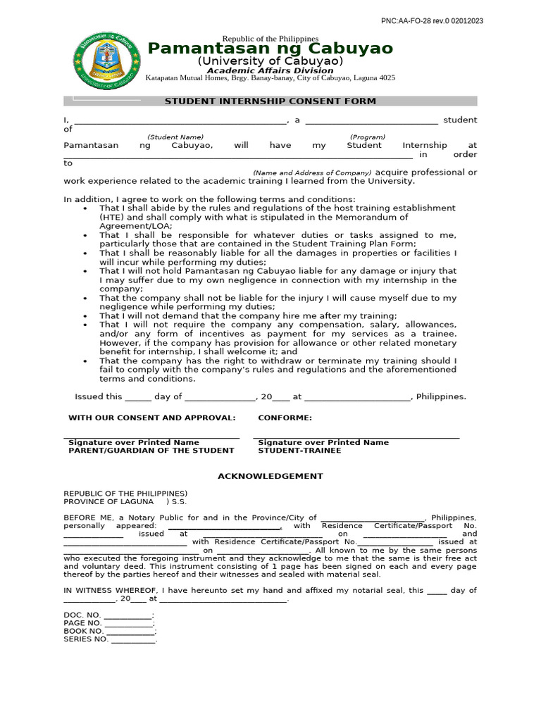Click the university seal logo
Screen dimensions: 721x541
point(107,62)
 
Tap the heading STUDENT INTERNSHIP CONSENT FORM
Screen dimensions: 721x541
point(270,101)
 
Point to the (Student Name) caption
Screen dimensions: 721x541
point(175,137)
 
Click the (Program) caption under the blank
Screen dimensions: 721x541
point(368,137)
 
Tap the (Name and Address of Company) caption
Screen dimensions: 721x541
point(312,173)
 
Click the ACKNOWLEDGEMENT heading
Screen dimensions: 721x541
point(270,476)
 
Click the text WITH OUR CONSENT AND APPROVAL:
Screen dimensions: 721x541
point(151,418)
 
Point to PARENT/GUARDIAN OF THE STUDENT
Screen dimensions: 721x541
point(151,451)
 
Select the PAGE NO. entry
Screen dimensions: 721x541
point(108,623)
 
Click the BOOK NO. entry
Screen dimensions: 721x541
point(109,632)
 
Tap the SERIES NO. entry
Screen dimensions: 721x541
point(110,639)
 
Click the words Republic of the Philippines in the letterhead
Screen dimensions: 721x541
point(270,38)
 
